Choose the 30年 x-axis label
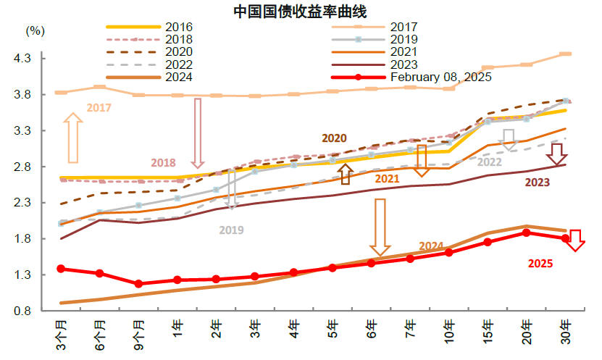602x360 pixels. pos(566,332)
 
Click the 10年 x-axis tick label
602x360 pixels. pos(449,332)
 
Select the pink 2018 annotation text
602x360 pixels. pos(164,162)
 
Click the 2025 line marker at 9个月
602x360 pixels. pos(138,284)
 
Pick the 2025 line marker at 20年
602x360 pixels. pos(527,233)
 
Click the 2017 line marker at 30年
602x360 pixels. pos(566,54)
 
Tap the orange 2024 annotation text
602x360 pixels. pos(431,246)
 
